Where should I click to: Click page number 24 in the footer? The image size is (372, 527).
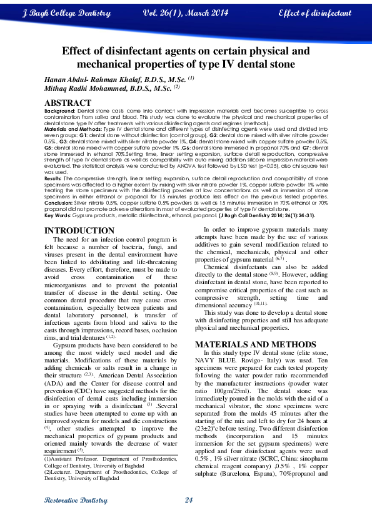tap(188, 499)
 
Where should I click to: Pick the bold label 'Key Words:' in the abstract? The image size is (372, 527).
tap(58, 215)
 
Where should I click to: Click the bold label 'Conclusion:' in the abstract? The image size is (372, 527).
tap(63, 202)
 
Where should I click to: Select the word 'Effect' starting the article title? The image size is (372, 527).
tap(81, 51)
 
